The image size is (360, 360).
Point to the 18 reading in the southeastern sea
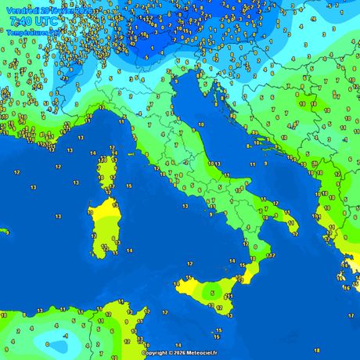pyautogui.click(x=316, y=339)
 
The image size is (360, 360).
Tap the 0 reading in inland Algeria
pyautogui.click(x=48, y=344)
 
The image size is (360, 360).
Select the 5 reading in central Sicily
pyautogui.click(x=212, y=293)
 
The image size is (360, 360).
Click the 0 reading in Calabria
pyautogui.click(x=254, y=247)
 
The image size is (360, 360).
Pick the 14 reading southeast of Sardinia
pyautogui.click(x=130, y=251)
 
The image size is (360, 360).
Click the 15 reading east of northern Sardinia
pyautogui.click(x=128, y=186)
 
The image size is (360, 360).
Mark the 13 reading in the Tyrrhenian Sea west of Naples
pyautogui.click(x=185, y=206)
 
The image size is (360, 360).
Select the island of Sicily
pyautogui.click(x=211, y=290)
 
